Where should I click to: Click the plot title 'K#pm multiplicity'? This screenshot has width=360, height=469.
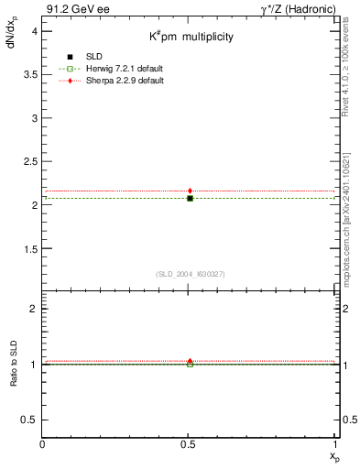point(191,38)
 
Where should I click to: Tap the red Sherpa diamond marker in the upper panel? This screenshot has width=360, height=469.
point(190,191)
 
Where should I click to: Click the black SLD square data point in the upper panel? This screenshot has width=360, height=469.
point(190,198)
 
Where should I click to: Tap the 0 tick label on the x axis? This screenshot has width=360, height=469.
point(43,445)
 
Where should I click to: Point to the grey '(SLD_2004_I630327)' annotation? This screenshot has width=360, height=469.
point(190,275)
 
